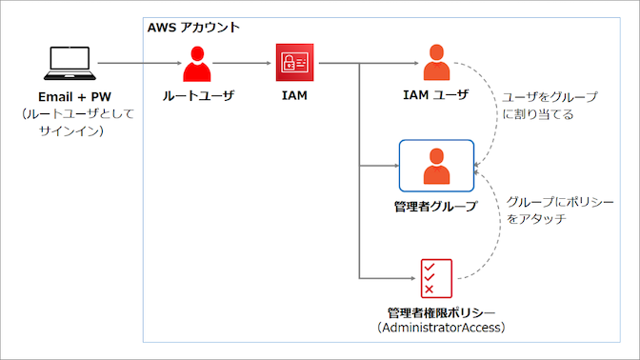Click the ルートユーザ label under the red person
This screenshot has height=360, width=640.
(x=196, y=95)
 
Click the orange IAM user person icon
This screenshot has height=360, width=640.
(x=437, y=64)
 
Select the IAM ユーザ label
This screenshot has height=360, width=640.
(x=436, y=95)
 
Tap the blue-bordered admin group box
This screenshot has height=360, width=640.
(x=436, y=166)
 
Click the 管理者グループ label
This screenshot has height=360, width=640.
(x=435, y=206)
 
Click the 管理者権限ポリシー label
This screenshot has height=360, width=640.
(x=435, y=312)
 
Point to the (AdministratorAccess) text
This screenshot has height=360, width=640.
(x=435, y=328)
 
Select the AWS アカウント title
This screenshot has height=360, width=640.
(x=193, y=27)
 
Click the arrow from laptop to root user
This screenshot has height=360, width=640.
(x=138, y=64)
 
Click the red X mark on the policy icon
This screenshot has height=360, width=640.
(x=430, y=290)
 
